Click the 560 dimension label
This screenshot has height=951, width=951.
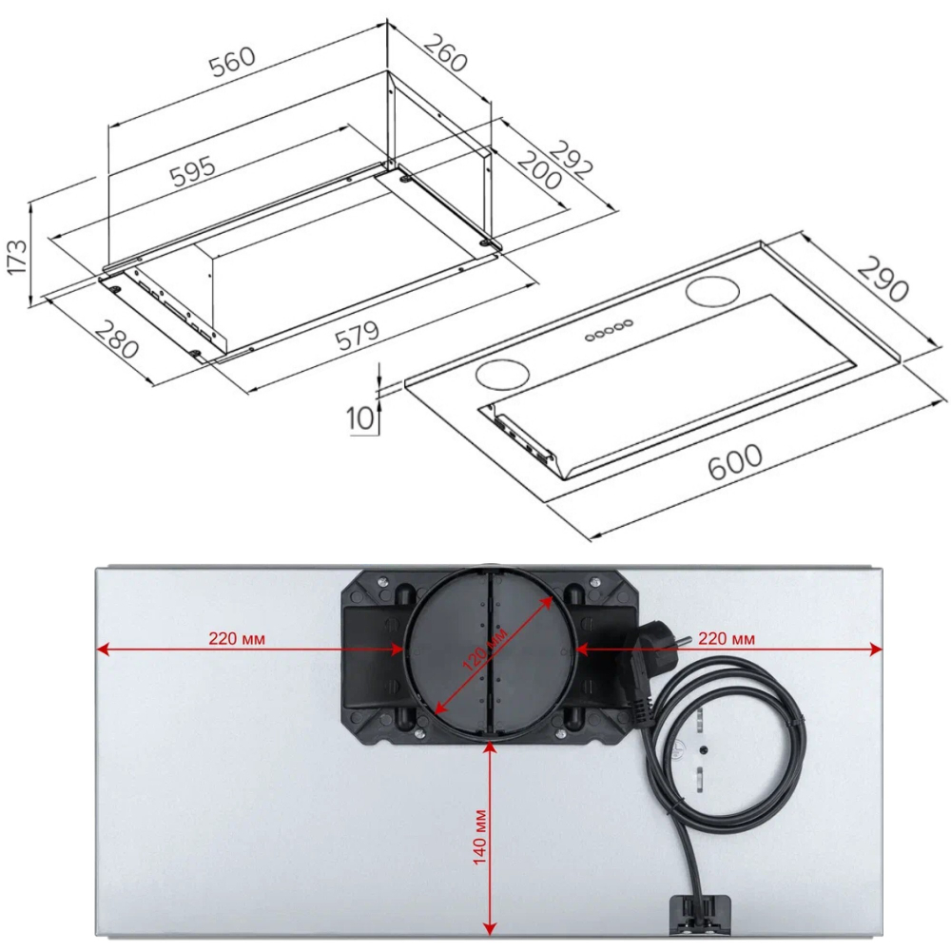click(x=233, y=59)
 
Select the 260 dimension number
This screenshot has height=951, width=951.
click(x=445, y=53)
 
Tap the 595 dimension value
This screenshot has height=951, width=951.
click(x=193, y=171)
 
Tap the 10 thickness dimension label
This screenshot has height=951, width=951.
click(x=360, y=417)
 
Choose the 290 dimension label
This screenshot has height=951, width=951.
click(x=883, y=280)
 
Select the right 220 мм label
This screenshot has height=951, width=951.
click(x=728, y=638)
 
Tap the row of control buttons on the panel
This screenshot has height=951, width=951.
click(x=609, y=330)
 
